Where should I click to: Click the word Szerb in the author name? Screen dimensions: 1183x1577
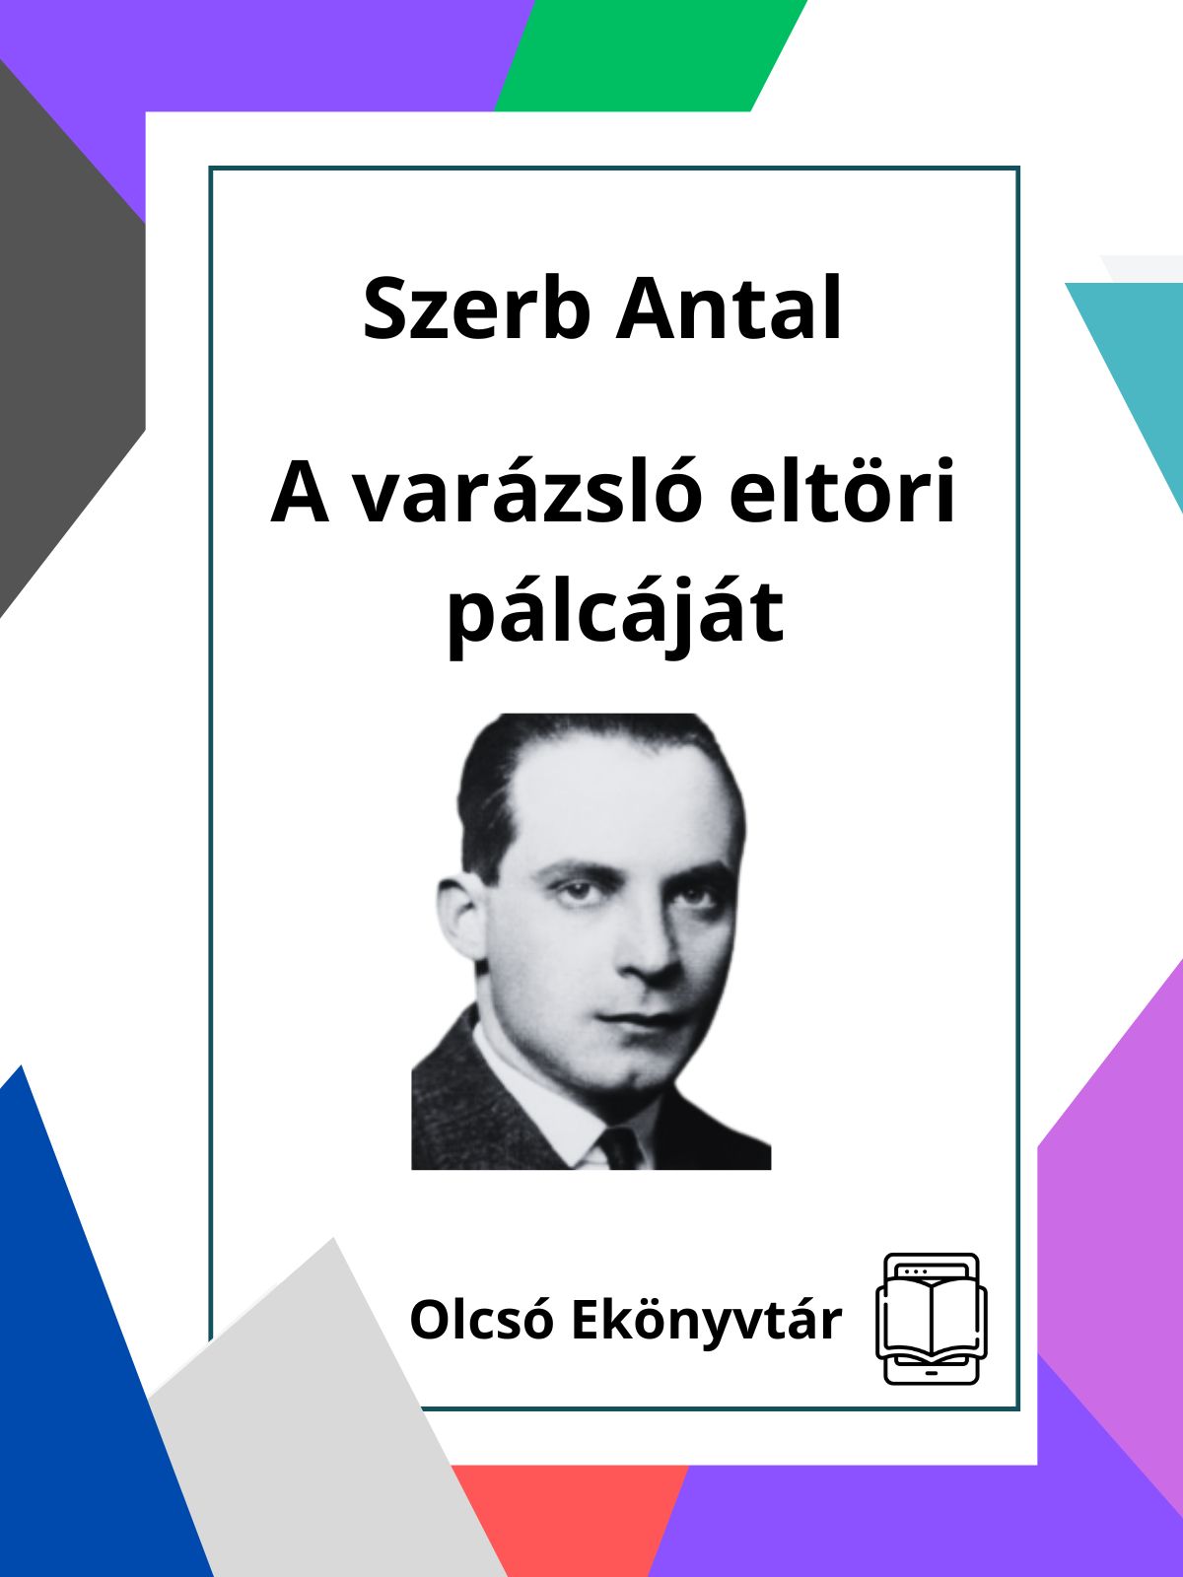coord(476,309)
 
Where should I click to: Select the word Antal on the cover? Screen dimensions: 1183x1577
coord(729,309)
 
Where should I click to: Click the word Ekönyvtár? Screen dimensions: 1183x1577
coord(706,1322)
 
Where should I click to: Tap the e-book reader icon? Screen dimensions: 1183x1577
coord(931,1319)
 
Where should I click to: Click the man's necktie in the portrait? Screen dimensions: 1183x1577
coord(621,1148)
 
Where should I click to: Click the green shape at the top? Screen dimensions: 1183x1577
coord(651,55)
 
